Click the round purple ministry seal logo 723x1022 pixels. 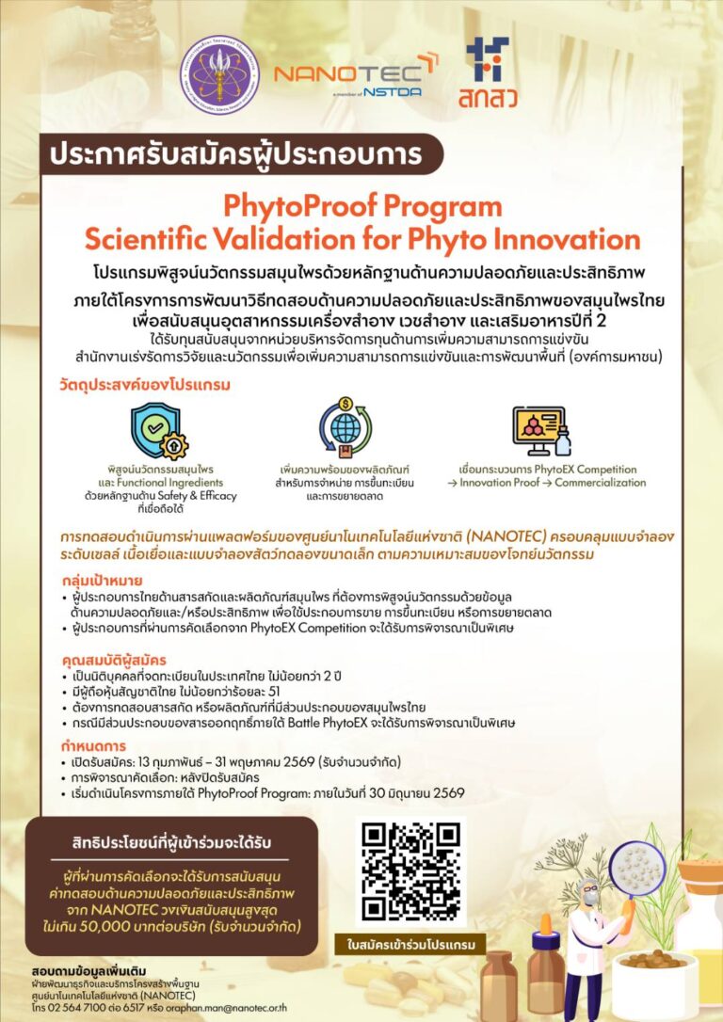(220, 75)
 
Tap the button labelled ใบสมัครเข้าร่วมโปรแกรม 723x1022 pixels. (412, 943)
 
